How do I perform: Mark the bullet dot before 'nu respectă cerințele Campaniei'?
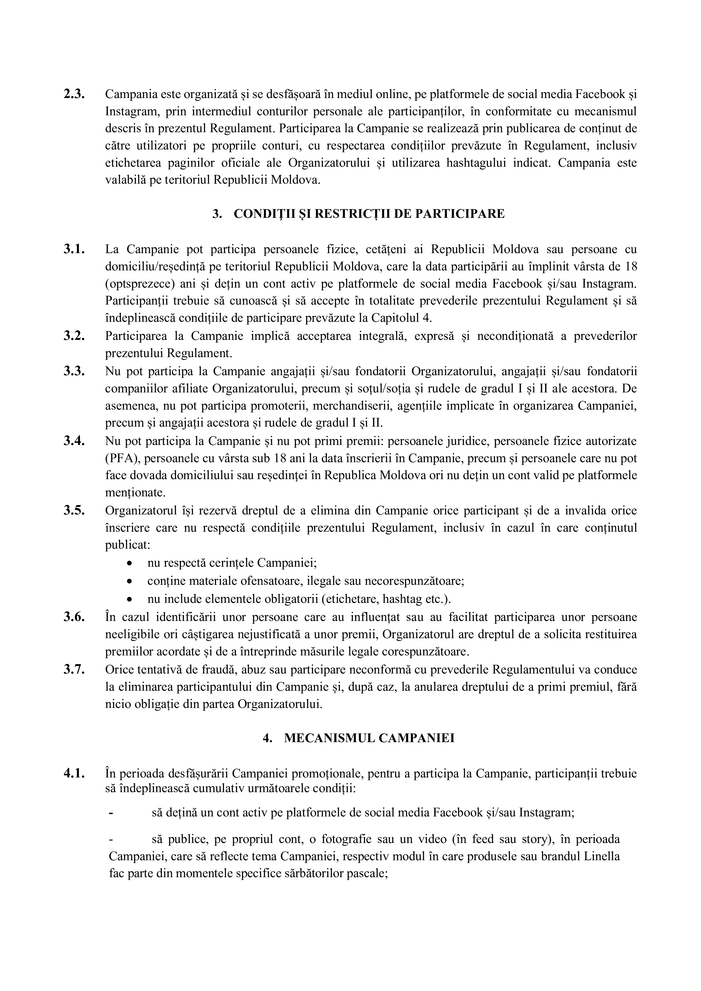point(130,564)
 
